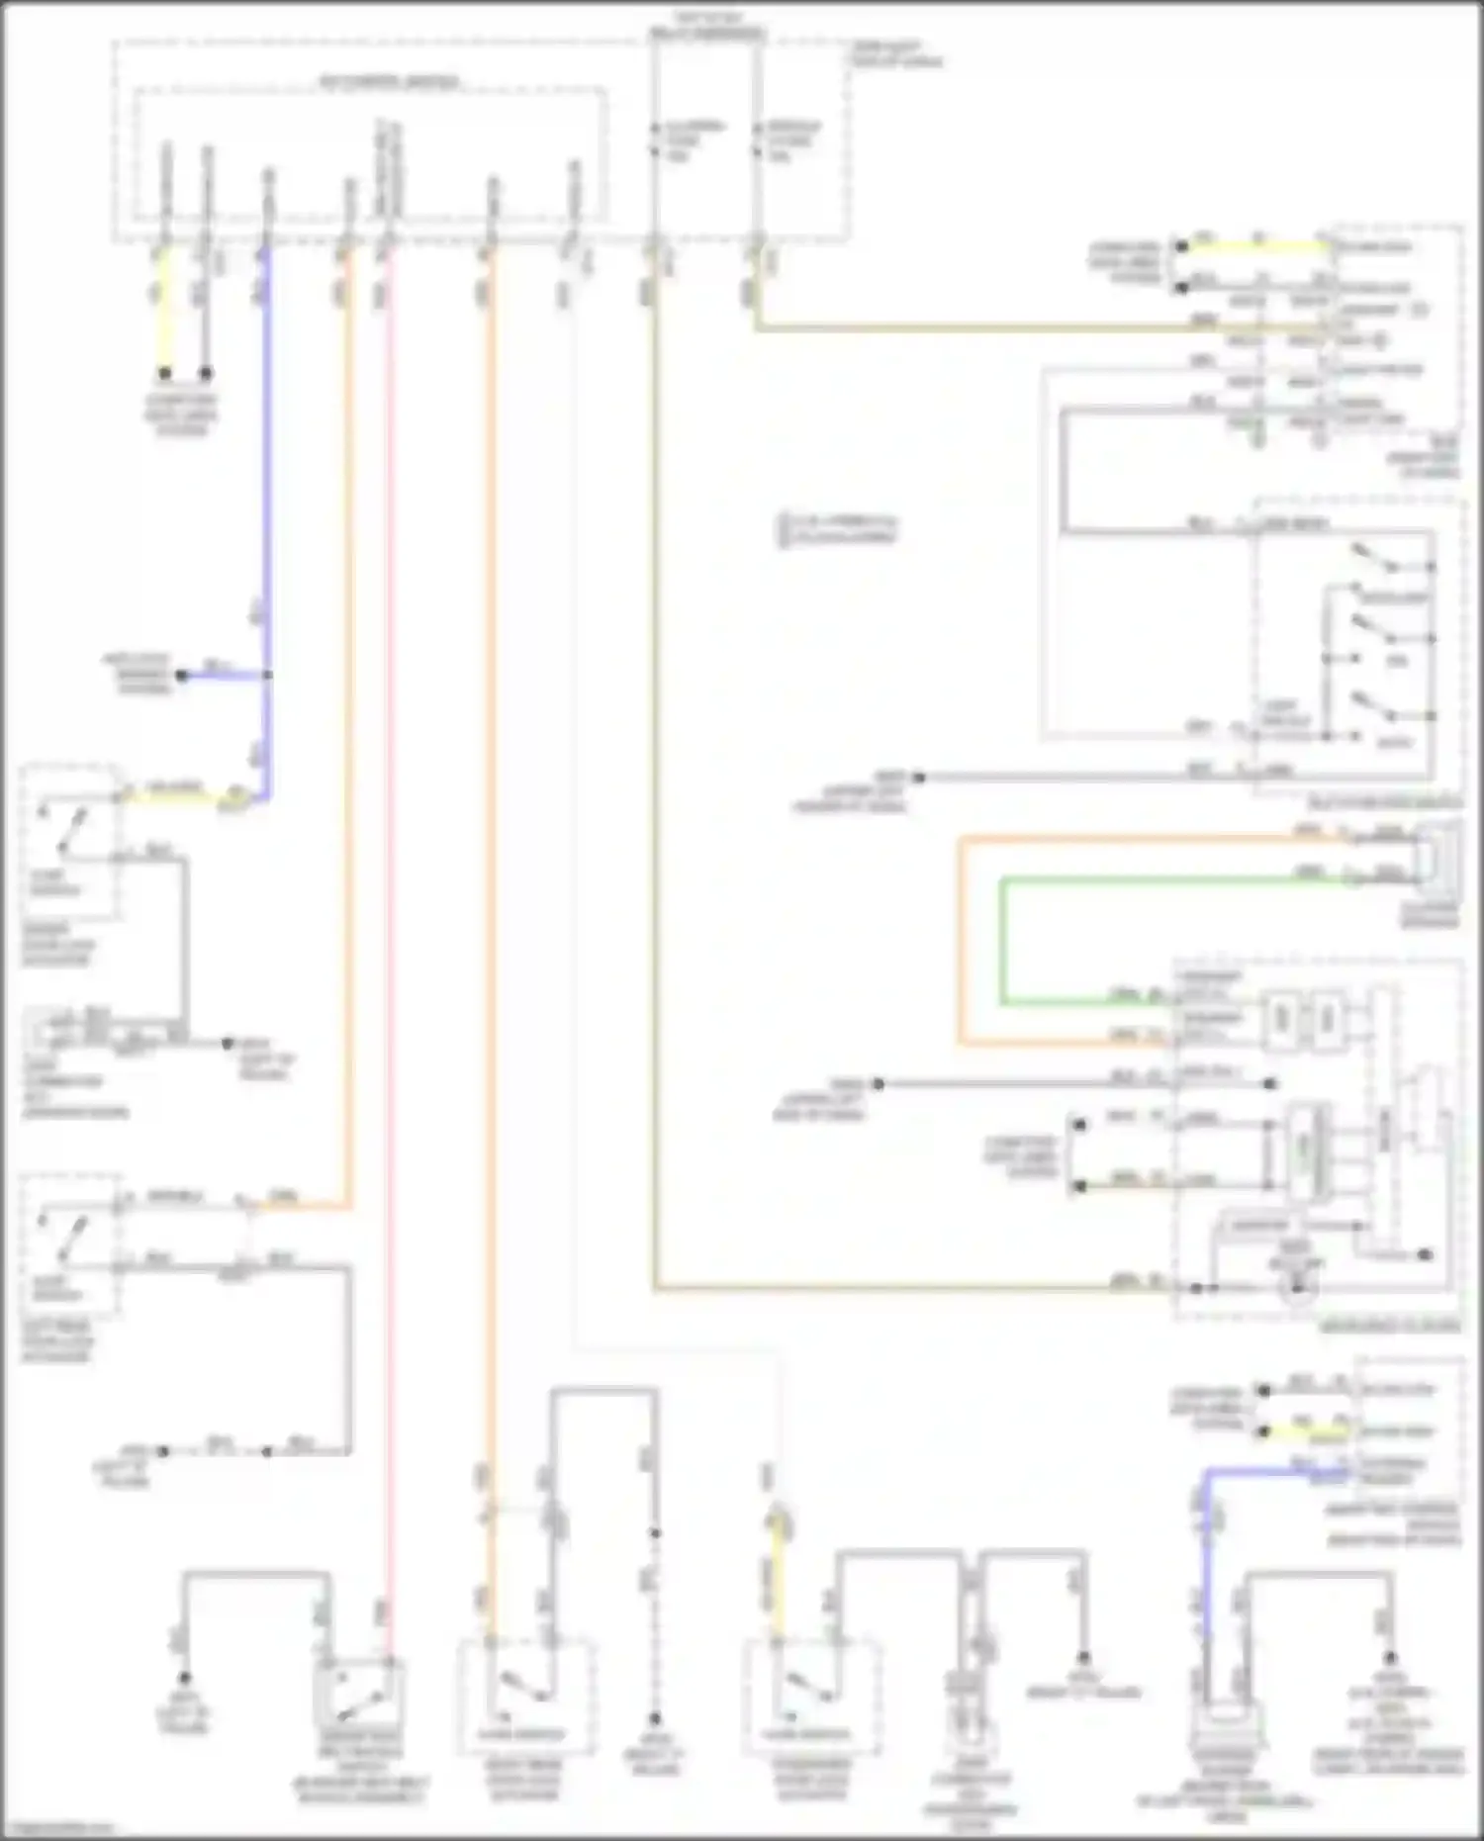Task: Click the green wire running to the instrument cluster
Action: pyautogui.click(x=1002, y=940)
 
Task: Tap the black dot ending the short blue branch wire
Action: pyautogui.click(x=182, y=676)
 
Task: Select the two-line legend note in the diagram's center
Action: pyautogui.click(x=838, y=529)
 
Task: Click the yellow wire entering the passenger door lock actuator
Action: pyautogui.click(x=779, y=1573)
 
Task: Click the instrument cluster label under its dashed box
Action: pyautogui.click(x=1390, y=1327)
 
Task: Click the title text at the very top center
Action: pyautogui.click(x=706, y=26)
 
